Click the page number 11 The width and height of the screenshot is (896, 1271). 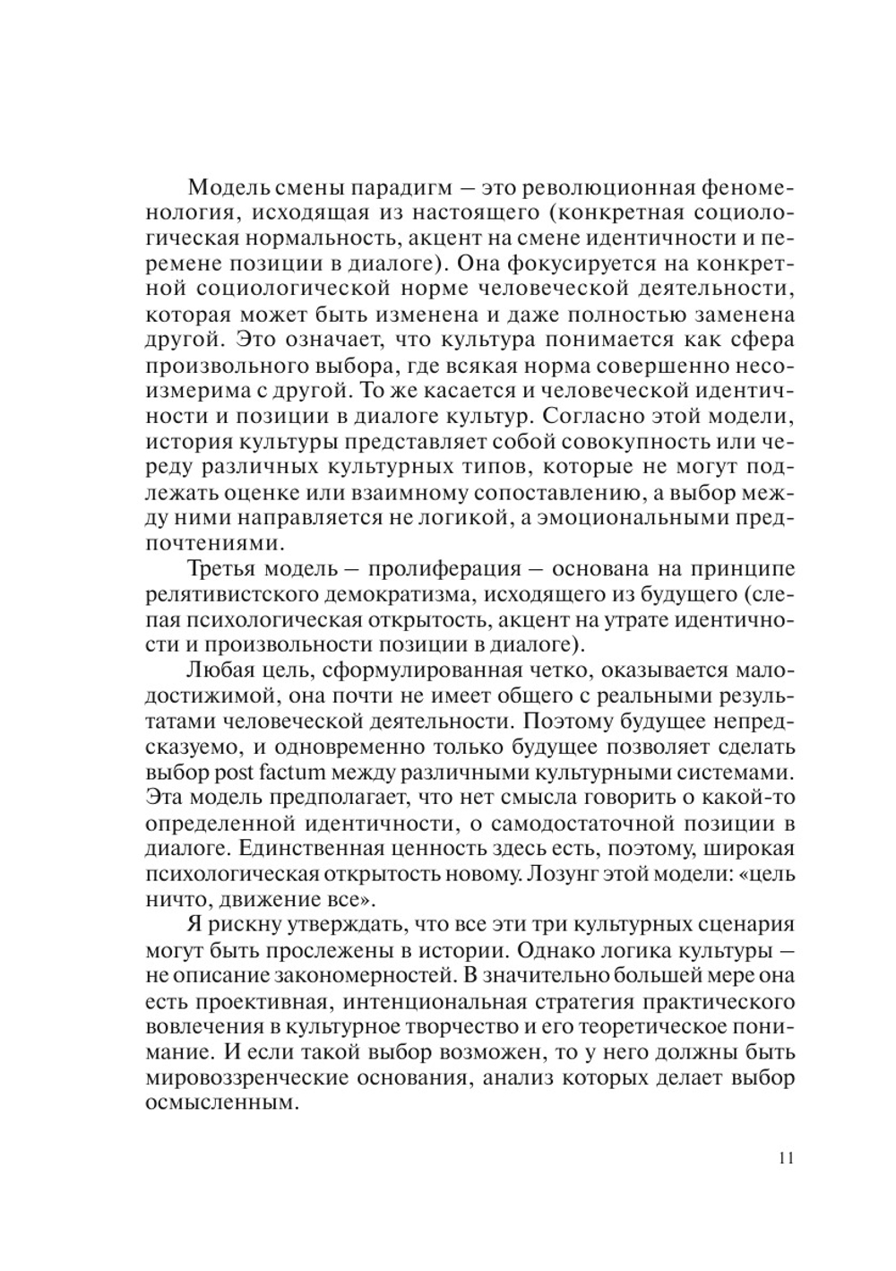(786, 1157)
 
